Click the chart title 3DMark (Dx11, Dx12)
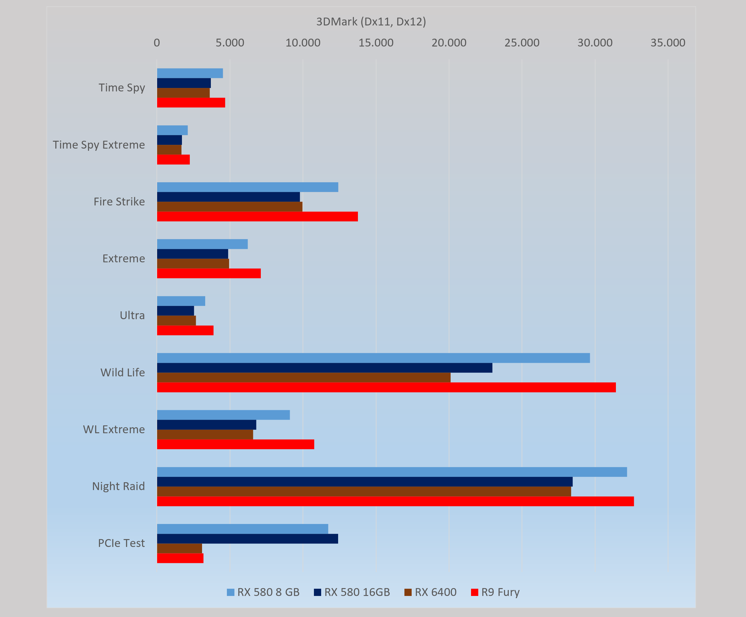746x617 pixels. (371, 22)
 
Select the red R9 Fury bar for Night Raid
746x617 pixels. (395, 501)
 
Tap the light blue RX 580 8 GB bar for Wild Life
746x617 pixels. (373, 358)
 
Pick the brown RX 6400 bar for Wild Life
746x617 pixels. (304, 378)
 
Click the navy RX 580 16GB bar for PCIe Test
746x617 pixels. (247, 539)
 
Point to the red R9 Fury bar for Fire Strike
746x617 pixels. (257, 217)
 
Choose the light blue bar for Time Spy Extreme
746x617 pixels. (172, 130)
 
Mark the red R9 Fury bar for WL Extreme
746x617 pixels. (236, 444)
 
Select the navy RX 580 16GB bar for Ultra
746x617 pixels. (175, 311)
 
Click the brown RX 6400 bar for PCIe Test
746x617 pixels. (179, 549)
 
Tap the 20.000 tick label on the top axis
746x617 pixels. (449, 43)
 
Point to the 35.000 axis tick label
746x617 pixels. (667, 43)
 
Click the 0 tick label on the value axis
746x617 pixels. (157, 43)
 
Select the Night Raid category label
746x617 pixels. (118, 486)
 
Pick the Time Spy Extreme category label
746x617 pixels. (99, 145)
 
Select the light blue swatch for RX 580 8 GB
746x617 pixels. (231, 592)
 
